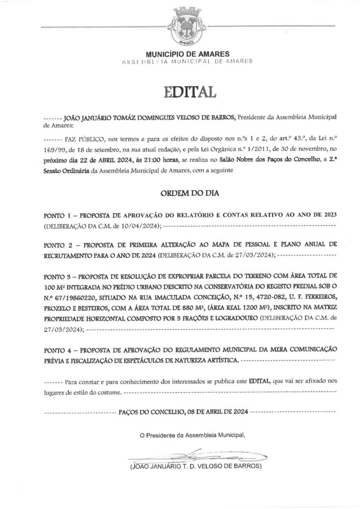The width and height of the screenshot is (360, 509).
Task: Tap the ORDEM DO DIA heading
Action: tap(180, 192)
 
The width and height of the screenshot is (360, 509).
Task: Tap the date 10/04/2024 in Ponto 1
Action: tap(136, 226)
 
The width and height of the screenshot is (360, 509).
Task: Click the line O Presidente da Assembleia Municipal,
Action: tap(193, 435)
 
